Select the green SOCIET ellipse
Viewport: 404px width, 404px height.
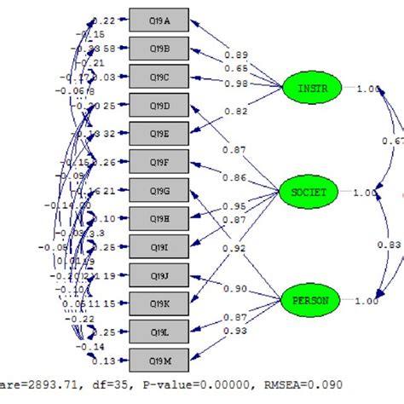[309, 193]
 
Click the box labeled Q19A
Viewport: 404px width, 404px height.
[159, 20]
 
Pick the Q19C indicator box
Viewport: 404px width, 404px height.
[159, 78]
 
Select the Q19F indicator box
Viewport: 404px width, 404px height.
[159, 161]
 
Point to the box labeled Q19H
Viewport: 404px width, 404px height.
[159, 218]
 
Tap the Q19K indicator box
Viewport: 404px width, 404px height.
[159, 303]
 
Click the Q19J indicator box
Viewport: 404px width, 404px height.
[159, 274]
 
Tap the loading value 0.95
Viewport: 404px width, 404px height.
[234, 206]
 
